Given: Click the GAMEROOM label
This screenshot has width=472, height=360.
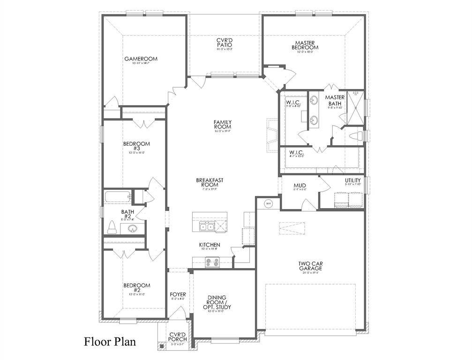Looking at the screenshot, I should point(141,59).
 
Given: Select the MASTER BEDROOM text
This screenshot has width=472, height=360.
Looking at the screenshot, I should point(305,45).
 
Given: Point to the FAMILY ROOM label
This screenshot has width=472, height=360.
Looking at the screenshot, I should point(223,125).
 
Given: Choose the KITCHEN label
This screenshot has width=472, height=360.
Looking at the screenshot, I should point(210,245).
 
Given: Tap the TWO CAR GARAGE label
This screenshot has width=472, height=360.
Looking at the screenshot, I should point(310,266).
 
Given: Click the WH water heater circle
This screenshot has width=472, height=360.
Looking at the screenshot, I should point(269,203).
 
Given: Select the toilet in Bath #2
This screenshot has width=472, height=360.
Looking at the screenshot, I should point(112,227).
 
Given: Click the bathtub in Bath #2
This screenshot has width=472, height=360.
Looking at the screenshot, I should point(117,197).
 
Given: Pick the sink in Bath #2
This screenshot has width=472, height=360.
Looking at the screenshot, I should point(132,229).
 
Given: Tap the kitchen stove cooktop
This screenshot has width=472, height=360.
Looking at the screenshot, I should point(212,263).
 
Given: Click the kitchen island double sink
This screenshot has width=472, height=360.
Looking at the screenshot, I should point(204,227).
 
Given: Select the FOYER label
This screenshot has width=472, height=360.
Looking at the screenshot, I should point(178,295).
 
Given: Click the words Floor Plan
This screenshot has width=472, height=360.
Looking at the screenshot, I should point(110,341).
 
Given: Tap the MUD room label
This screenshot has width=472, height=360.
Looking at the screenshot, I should point(300,186).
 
